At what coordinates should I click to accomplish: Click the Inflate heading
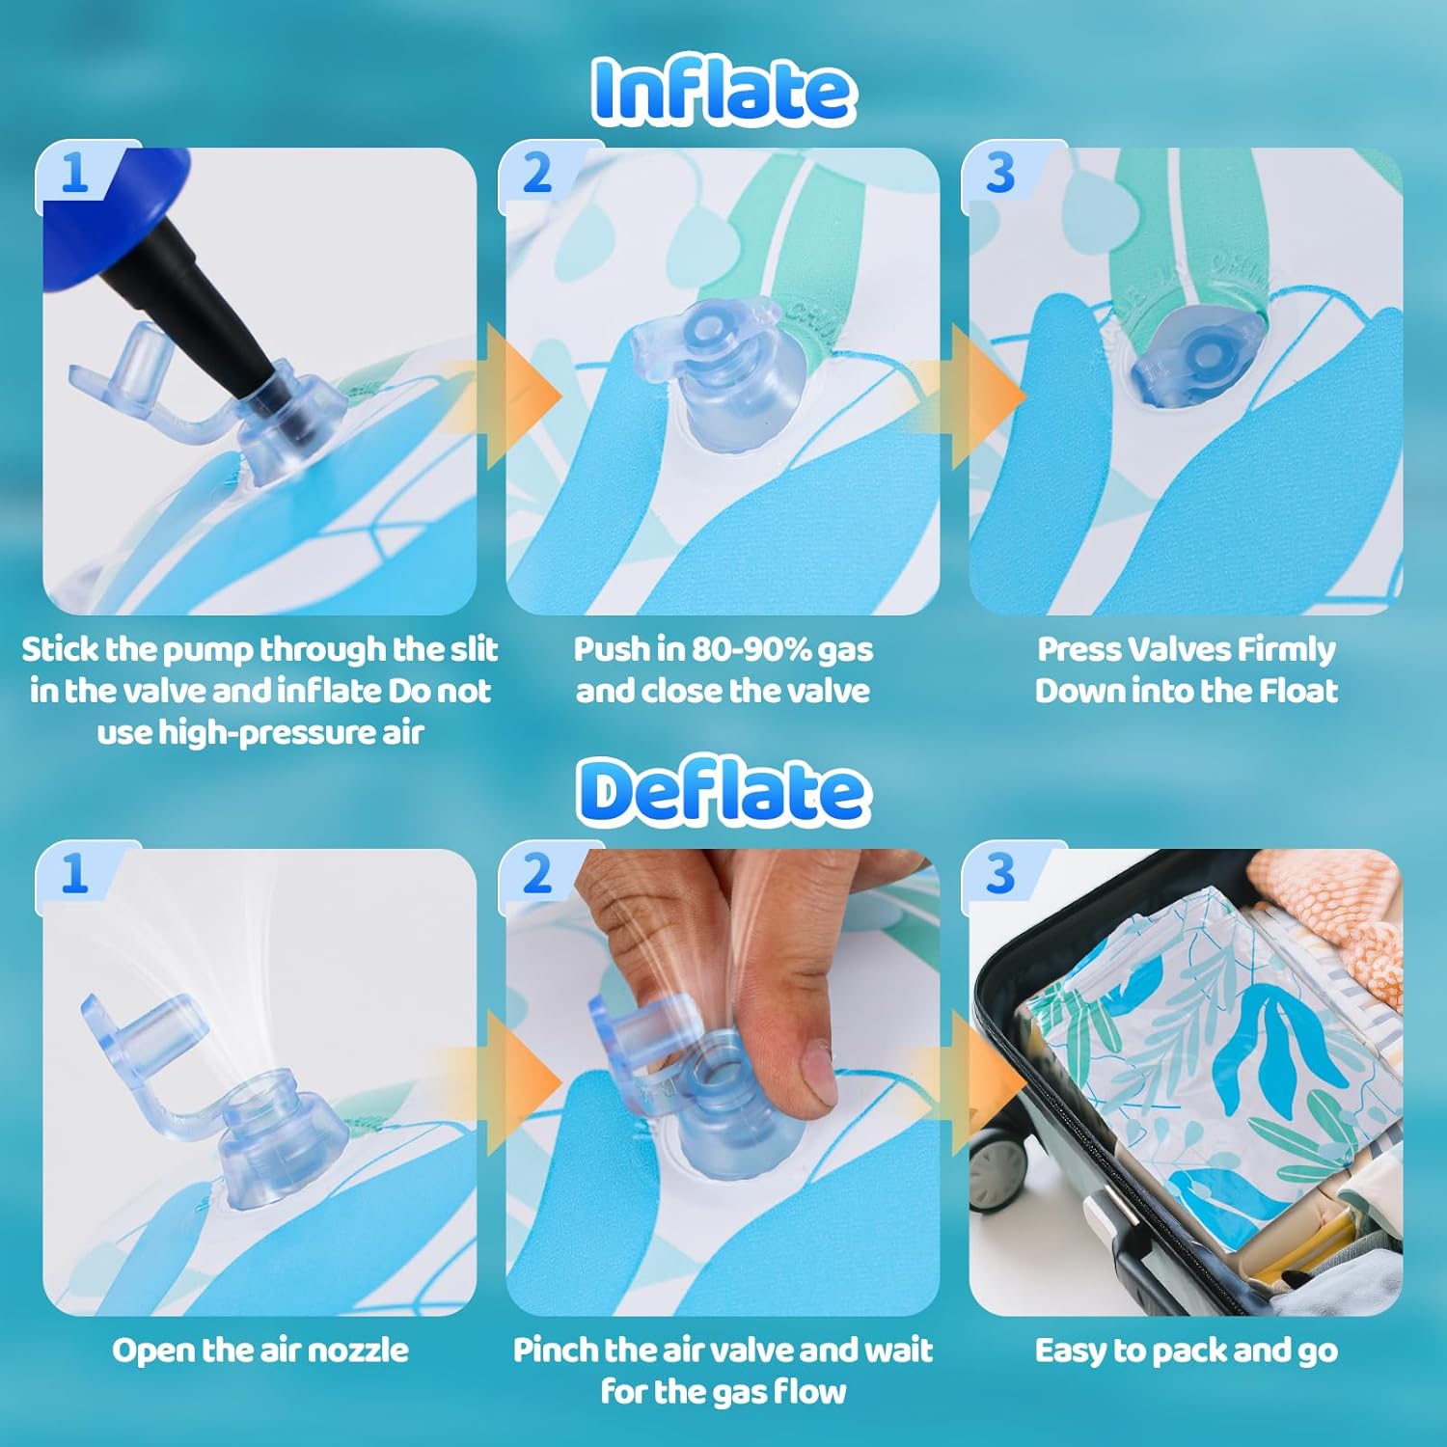[723, 92]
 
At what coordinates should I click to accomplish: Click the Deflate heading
[723, 791]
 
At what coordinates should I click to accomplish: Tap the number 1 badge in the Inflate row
[75, 174]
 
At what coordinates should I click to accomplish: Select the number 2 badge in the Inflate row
[537, 174]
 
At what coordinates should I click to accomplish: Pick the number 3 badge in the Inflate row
[1000, 174]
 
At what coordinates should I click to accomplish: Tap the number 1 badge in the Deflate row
[75, 874]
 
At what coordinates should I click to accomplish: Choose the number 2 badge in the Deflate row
[537, 874]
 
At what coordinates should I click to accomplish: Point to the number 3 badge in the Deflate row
[1000, 874]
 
